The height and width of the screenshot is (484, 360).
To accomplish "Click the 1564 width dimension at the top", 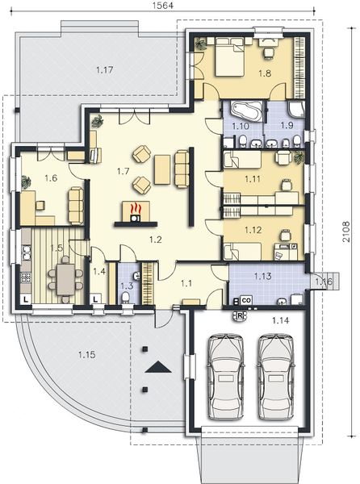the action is coord(163,6).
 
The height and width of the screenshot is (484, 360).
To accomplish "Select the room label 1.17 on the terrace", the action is coord(105,69).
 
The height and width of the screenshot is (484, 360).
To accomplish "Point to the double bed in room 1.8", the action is coord(230,56).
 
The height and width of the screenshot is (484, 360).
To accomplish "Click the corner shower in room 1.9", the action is coord(296,109).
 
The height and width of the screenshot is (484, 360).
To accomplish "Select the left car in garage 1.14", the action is coord(225,378).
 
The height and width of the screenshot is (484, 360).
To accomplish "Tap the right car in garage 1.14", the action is coord(276,378).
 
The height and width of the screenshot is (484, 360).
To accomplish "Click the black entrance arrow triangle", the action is coord(158,367).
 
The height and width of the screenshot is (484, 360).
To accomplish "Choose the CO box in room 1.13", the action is coord(246,300).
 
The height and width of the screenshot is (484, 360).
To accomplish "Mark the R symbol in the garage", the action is coord(240,315).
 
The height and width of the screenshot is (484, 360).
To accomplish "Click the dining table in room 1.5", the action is coord(65,280).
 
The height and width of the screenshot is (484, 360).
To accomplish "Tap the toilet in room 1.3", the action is coord(126,298).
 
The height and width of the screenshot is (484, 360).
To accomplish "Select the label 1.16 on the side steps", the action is coord(323,282).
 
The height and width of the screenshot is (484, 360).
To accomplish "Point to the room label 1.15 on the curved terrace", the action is coord(86,355).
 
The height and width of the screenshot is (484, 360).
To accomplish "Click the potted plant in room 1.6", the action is coord(26,182).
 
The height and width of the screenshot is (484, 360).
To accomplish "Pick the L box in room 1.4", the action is coord(96,298).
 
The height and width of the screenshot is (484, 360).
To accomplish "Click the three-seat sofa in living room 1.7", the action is coord(182,169).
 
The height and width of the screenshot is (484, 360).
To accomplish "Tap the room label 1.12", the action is coord(253,230).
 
